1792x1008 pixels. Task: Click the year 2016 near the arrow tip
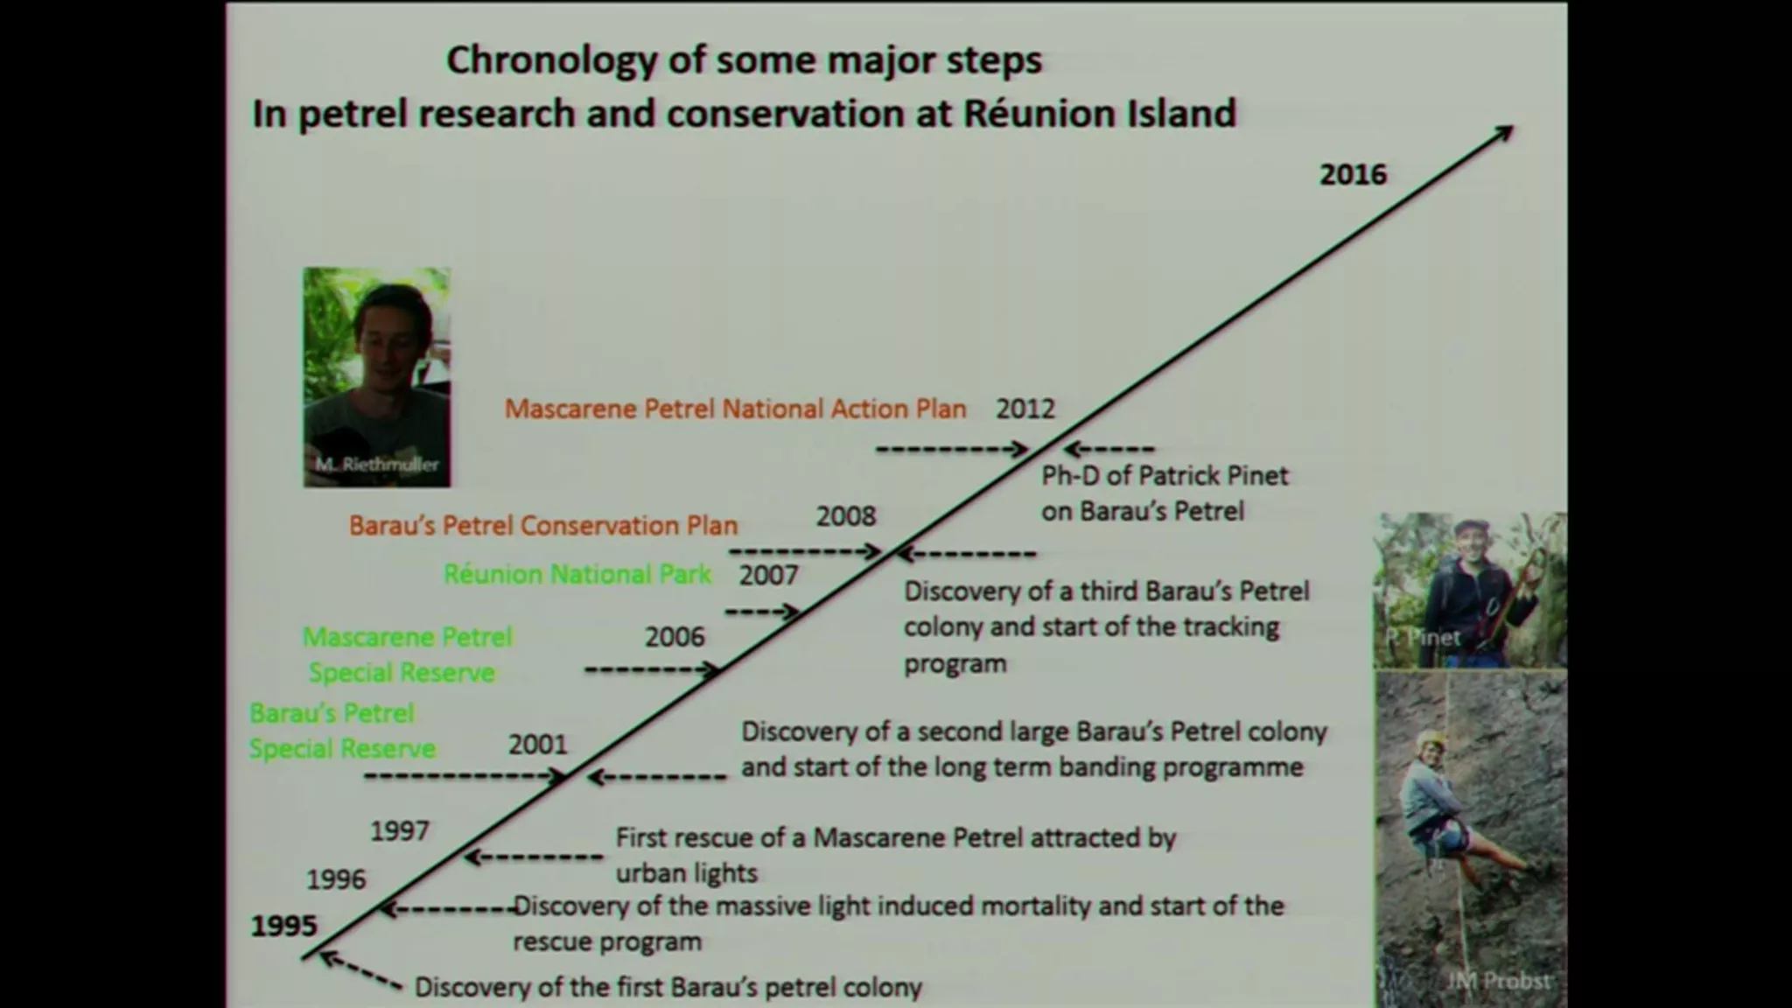click(1353, 174)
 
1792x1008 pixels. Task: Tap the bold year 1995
click(283, 926)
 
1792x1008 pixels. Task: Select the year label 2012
click(1025, 409)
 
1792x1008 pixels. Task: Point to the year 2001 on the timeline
click(538, 745)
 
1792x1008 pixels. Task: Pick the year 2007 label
click(769, 575)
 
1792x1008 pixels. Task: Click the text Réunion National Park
click(577, 574)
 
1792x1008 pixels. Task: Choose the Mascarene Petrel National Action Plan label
click(735, 409)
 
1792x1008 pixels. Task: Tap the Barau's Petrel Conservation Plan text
click(543, 525)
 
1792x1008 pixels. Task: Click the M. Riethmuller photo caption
click(377, 465)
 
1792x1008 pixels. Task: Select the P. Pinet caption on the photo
click(1423, 637)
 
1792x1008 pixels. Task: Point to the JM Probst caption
click(1498, 981)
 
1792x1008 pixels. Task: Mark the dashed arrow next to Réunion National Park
click(763, 611)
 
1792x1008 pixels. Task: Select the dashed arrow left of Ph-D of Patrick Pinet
click(1109, 450)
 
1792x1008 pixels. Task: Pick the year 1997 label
click(400, 830)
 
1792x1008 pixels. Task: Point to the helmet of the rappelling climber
click(1431, 739)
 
